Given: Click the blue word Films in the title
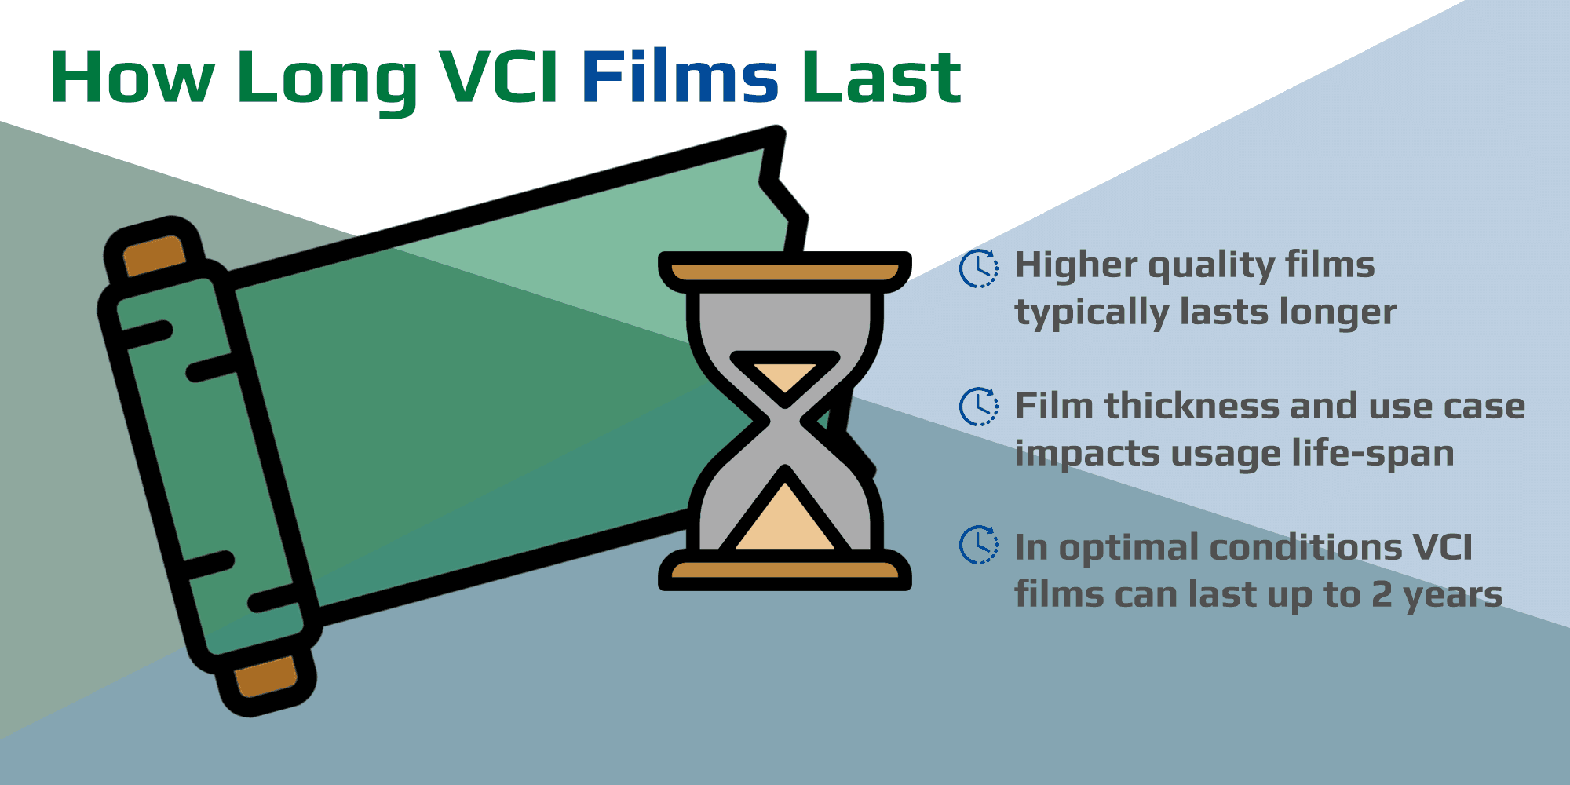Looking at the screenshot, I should tap(680, 77).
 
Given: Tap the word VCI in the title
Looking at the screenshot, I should tap(499, 77).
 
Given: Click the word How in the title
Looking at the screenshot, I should tap(133, 77).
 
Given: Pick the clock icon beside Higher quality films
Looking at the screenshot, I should tap(979, 268).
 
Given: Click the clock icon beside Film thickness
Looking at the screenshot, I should tap(979, 407).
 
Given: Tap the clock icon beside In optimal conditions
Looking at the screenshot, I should tap(979, 545).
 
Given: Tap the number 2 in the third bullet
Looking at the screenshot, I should tap(1382, 595).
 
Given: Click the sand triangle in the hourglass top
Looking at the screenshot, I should tap(784, 376).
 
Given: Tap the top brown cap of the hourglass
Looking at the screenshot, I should tap(784, 272).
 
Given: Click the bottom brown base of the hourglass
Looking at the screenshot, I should tap(784, 571).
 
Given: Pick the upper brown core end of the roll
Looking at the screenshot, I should tap(155, 256).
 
